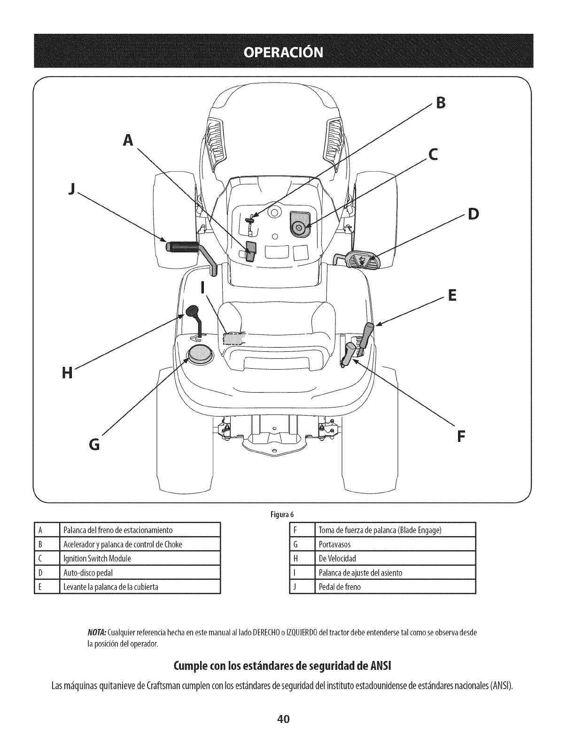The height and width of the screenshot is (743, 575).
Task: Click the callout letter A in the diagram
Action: point(127,139)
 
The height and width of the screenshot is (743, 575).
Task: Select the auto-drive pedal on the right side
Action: point(360,259)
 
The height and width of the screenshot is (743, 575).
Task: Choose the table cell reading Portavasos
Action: point(335,545)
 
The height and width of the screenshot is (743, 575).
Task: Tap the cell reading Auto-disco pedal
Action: point(88,573)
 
